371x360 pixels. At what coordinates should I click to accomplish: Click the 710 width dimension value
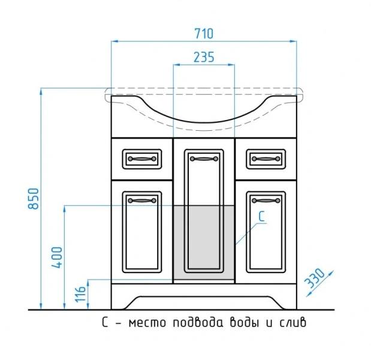pos(204,33)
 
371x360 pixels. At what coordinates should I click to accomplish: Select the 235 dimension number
pos(204,57)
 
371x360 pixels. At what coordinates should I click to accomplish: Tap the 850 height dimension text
pos(34,199)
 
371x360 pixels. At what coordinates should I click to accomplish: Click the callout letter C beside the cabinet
pos(262,217)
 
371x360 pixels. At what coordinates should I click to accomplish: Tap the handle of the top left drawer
pos(142,158)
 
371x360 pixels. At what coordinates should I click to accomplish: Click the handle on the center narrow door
pos(203,159)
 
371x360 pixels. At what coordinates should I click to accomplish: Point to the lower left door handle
pos(142,199)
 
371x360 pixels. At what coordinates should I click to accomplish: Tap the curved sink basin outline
pos(204,120)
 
